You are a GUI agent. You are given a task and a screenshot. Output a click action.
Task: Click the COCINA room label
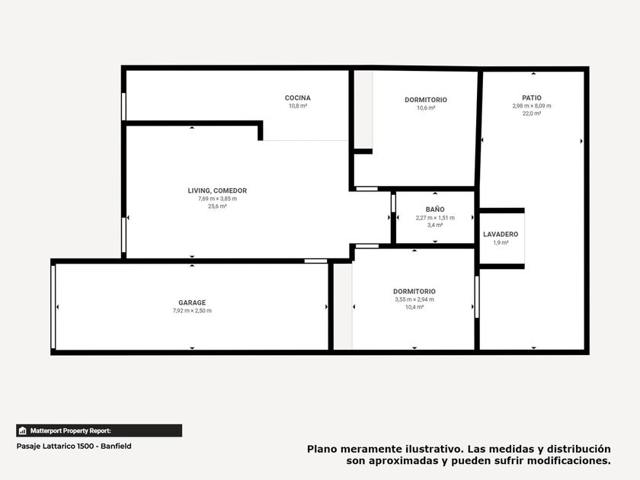(298, 98)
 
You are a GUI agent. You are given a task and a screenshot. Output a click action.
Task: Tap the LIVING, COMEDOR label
(217, 190)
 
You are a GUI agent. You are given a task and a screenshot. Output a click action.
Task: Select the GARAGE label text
(192, 302)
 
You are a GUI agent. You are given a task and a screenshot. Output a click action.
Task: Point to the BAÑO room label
(435, 210)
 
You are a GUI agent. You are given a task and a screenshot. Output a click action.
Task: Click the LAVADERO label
(501, 235)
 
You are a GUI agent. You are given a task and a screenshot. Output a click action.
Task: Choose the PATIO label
(532, 98)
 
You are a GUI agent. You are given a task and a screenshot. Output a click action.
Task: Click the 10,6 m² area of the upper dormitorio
(426, 107)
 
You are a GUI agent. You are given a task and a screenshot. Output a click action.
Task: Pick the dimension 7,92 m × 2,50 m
(192, 311)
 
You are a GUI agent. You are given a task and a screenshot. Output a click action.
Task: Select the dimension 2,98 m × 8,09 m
(532, 106)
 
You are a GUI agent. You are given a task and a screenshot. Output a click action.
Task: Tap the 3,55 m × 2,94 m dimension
(414, 299)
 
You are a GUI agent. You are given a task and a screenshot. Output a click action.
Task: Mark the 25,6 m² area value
(217, 206)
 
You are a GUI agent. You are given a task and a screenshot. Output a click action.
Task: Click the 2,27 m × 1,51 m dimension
(435, 218)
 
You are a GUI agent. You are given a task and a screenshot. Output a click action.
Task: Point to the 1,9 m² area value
(501, 242)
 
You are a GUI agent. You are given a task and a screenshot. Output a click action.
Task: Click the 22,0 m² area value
(532, 114)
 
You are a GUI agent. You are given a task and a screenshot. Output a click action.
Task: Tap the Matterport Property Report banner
(99, 430)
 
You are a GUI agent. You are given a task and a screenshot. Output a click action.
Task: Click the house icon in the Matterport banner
(22, 430)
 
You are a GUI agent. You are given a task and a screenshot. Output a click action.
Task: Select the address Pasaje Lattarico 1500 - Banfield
(74, 446)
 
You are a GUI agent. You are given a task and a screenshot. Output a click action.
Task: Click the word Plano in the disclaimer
(322, 449)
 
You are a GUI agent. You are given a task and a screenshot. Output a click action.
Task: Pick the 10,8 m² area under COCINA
(298, 106)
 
